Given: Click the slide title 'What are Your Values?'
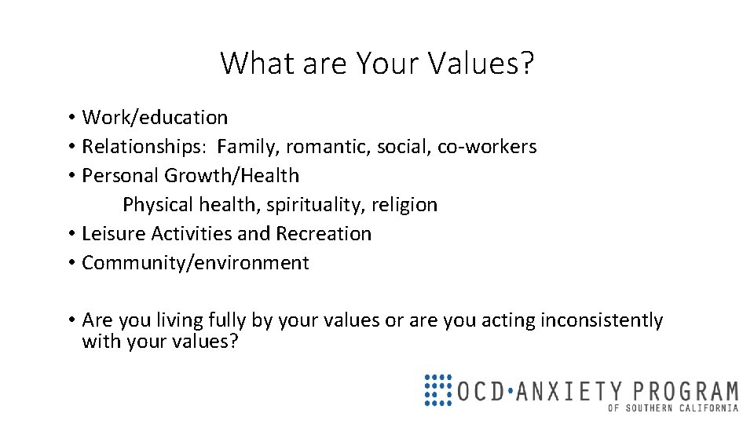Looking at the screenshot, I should pos(377,63).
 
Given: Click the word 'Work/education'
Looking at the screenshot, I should pos(155,118).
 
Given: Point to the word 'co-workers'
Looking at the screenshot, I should pos(487,147).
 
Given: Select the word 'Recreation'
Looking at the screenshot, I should pos(323,234).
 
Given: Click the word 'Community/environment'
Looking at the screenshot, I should pos(196,263).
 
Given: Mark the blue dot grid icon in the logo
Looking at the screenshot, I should pos(437,389).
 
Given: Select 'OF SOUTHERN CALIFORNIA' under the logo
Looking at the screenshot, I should pos(673,408).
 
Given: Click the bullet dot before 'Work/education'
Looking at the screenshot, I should pos(71,119).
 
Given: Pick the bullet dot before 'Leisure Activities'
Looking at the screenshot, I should pos(71,235).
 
